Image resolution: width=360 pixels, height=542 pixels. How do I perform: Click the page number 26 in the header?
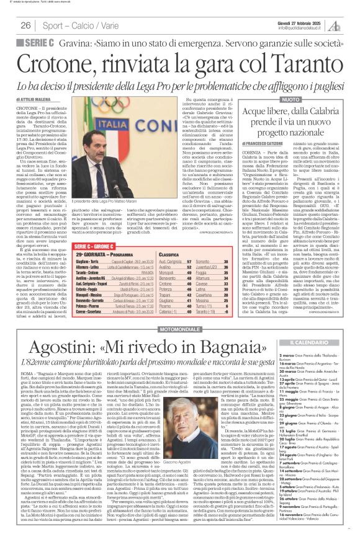pyautogui.click(x=25, y=25)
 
